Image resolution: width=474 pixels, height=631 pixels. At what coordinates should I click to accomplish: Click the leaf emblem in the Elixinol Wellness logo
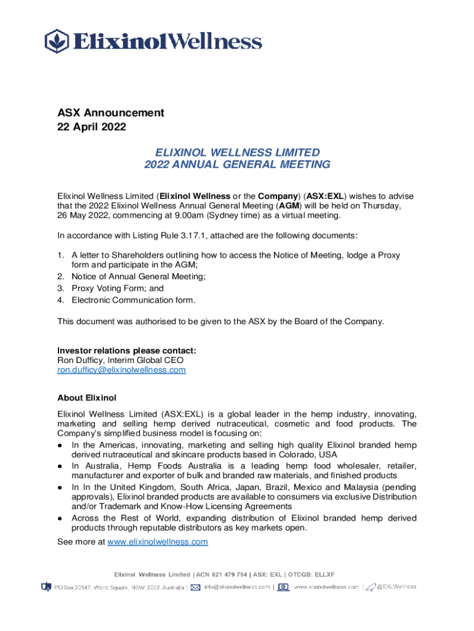pyautogui.click(x=57, y=41)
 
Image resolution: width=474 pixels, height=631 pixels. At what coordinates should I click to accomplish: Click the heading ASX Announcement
pyautogui.click(x=111, y=113)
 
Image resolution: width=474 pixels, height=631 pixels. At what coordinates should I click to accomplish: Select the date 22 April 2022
pyautogui.click(x=92, y=128)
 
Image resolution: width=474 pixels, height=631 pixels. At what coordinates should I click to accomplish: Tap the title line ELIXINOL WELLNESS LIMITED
pyautogui.click(x=237, y=152)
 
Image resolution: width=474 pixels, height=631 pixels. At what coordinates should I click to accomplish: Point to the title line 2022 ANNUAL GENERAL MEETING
pyautogui.click(x=237, y=165)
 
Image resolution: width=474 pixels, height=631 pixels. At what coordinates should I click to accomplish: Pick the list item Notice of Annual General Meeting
pyautogui.click(x=139, y=277)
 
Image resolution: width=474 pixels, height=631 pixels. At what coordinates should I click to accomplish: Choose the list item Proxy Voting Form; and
pyautogui.click(x=118, y=288)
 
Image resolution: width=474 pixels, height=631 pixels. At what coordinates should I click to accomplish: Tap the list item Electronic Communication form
pyautogui.click(x=134, y=300)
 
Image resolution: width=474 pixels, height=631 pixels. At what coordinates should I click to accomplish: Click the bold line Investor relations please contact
pyautogui.click(x=127, y=351)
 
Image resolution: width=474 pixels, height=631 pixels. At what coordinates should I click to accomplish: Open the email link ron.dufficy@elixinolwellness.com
pyautogui.click(x=121, y=370)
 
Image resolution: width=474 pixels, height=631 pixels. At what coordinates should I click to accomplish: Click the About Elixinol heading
pyautogui.click(x=87, y=397)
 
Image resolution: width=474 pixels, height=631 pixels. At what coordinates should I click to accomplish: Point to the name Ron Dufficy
pyautogui.click(x=80, y=360)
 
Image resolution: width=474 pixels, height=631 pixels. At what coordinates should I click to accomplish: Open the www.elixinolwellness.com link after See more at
pyautogui.click(x=158, y=542)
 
